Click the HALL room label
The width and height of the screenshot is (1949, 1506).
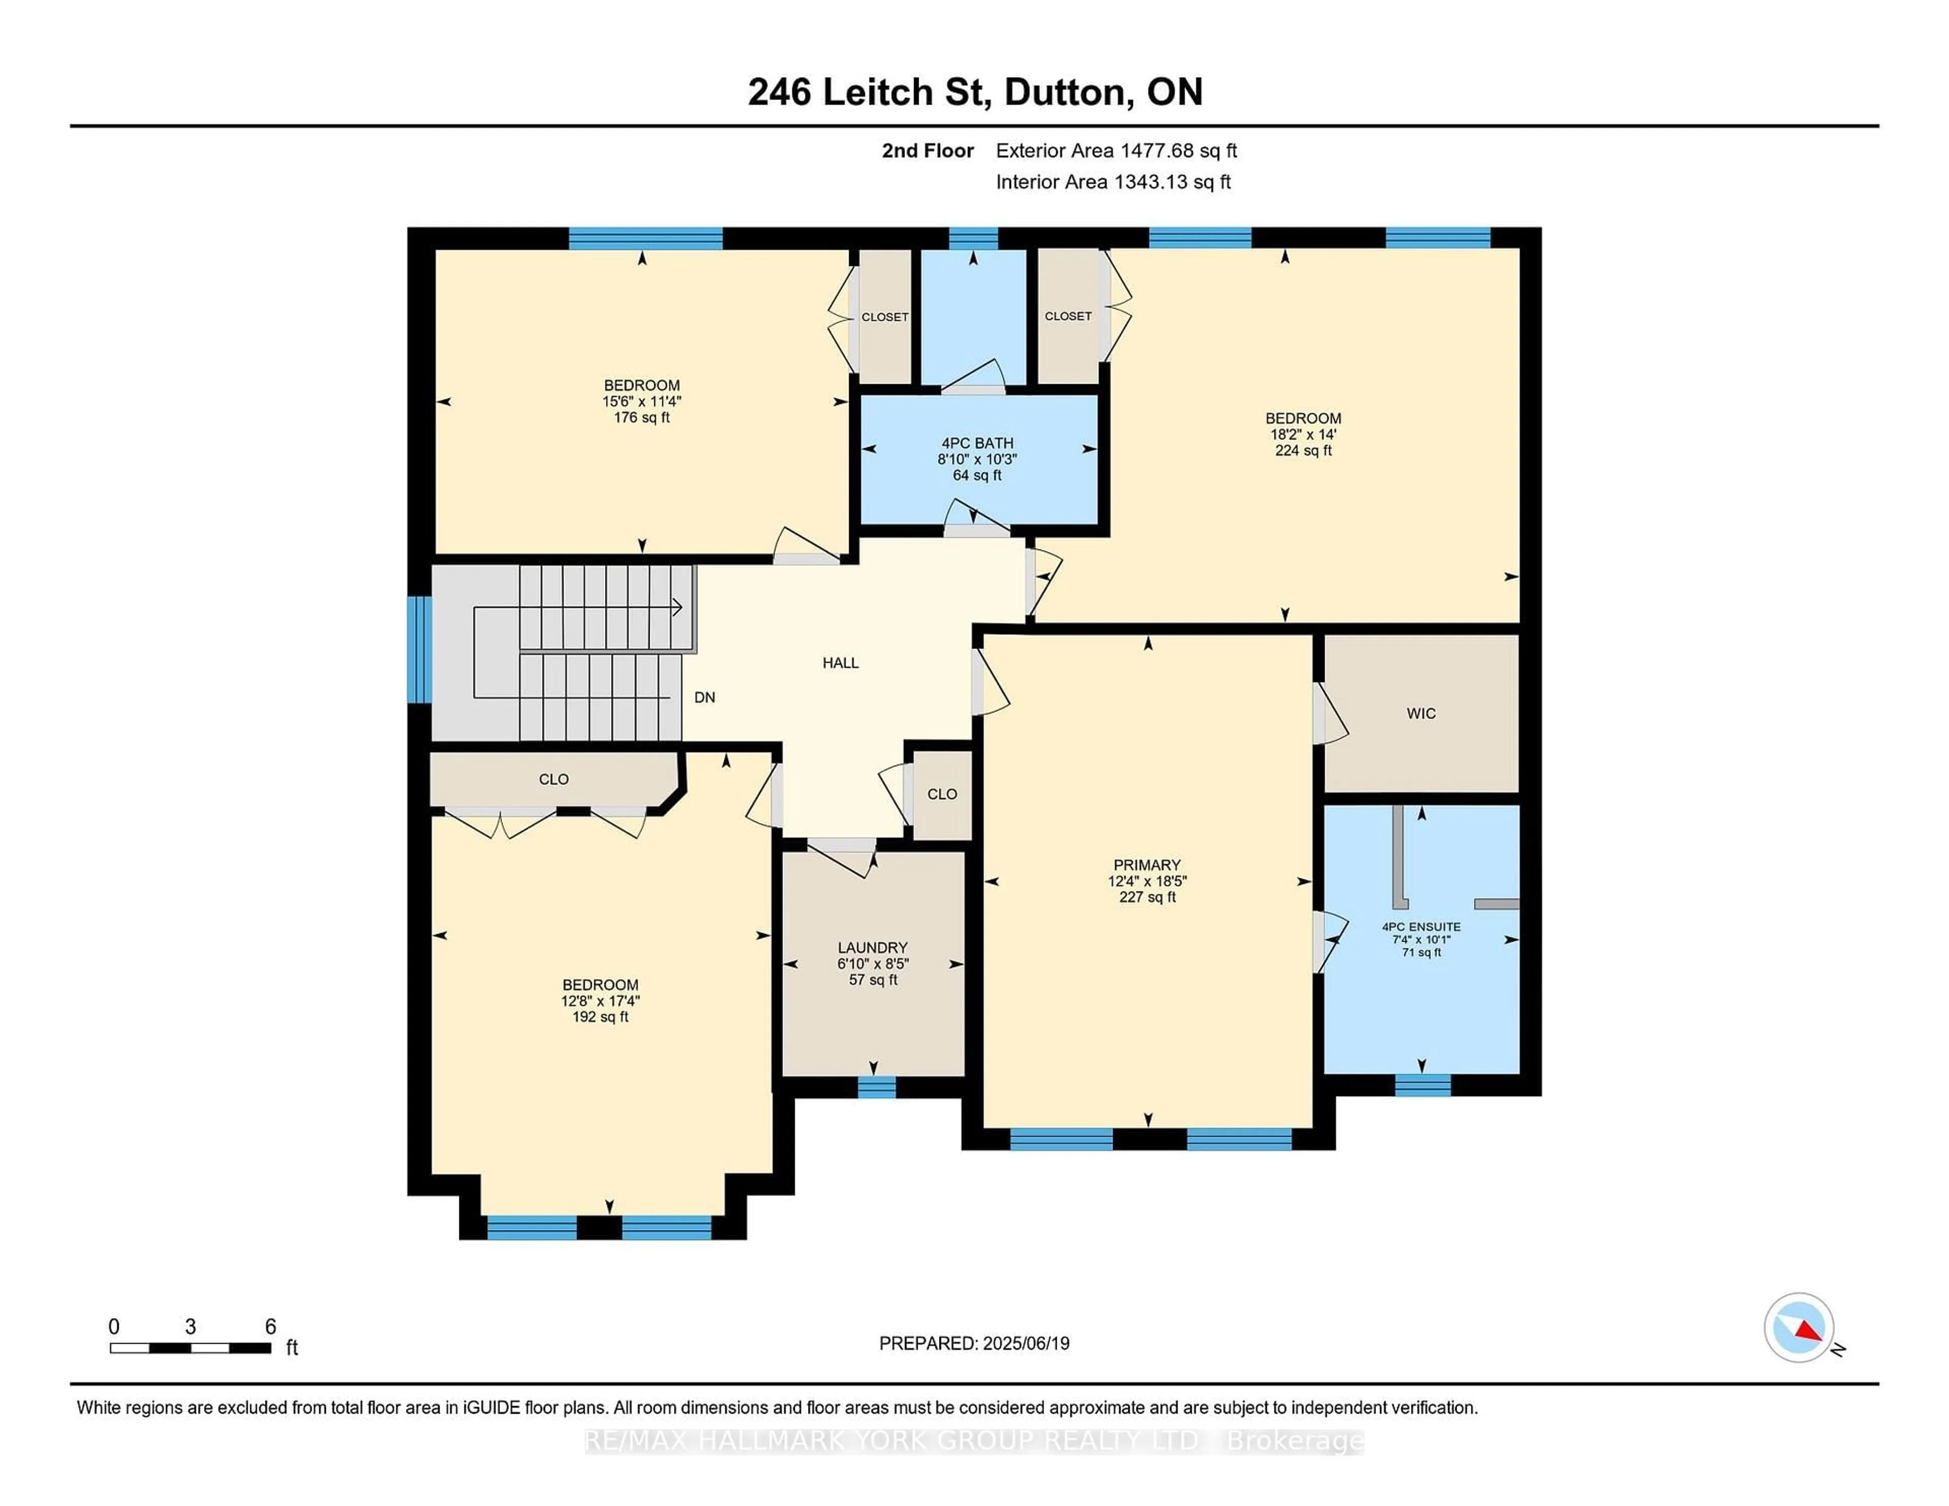[x=840, y=663]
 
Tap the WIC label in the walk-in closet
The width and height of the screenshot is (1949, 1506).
[x=1421, y=714]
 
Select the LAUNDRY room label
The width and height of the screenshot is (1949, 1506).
[x=872, y=947]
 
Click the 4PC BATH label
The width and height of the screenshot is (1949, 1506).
[x=977, y=443]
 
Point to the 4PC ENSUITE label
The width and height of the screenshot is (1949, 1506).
[x=1421, y=927]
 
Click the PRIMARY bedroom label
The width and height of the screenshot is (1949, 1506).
[x=1147, y=865]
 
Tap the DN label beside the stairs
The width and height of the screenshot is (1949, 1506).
[x=704, y=698]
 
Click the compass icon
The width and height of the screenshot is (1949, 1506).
[x=1798, y=1327]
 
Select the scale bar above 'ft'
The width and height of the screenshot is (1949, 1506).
[x=190, y=1348]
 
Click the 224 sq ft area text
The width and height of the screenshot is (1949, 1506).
[x=1303, y=451]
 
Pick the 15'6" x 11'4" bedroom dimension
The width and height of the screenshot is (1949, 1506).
[x=642, y=401]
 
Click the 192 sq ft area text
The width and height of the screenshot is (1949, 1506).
[x=600, y=1017]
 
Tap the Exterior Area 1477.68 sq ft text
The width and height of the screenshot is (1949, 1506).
[x=1116, y=151]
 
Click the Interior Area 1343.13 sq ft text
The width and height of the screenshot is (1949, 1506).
[x=1113, y=182]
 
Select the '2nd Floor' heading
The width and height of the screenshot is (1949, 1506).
[x=927, y=151]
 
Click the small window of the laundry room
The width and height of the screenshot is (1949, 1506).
[x=877, y=1087]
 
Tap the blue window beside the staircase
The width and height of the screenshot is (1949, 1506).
[x=419, y=649]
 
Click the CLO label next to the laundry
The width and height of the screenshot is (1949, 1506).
[x=942, y=794]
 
